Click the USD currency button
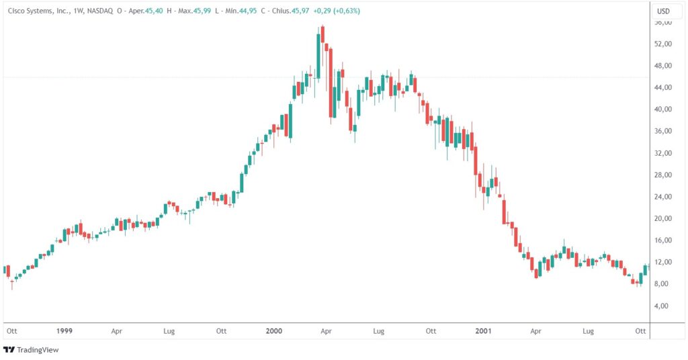(x=663, y=11)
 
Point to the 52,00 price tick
(x=664, y=44)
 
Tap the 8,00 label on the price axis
(x=664, y=284)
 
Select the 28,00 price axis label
(x=664, y=175)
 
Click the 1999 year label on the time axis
(x=64, y=331)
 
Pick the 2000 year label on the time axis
(x=273, y=331)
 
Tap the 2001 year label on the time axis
(x=483, y=331)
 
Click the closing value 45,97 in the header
(x=300, y=11)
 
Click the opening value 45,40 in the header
(x=155, y=11)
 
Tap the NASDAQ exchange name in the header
(x=101, y=11)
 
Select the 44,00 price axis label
(x=664, y=88)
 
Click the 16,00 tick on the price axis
(x=664, y=240)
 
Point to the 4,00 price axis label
(x=664, y=306)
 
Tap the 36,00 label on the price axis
(x=664, y=132)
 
